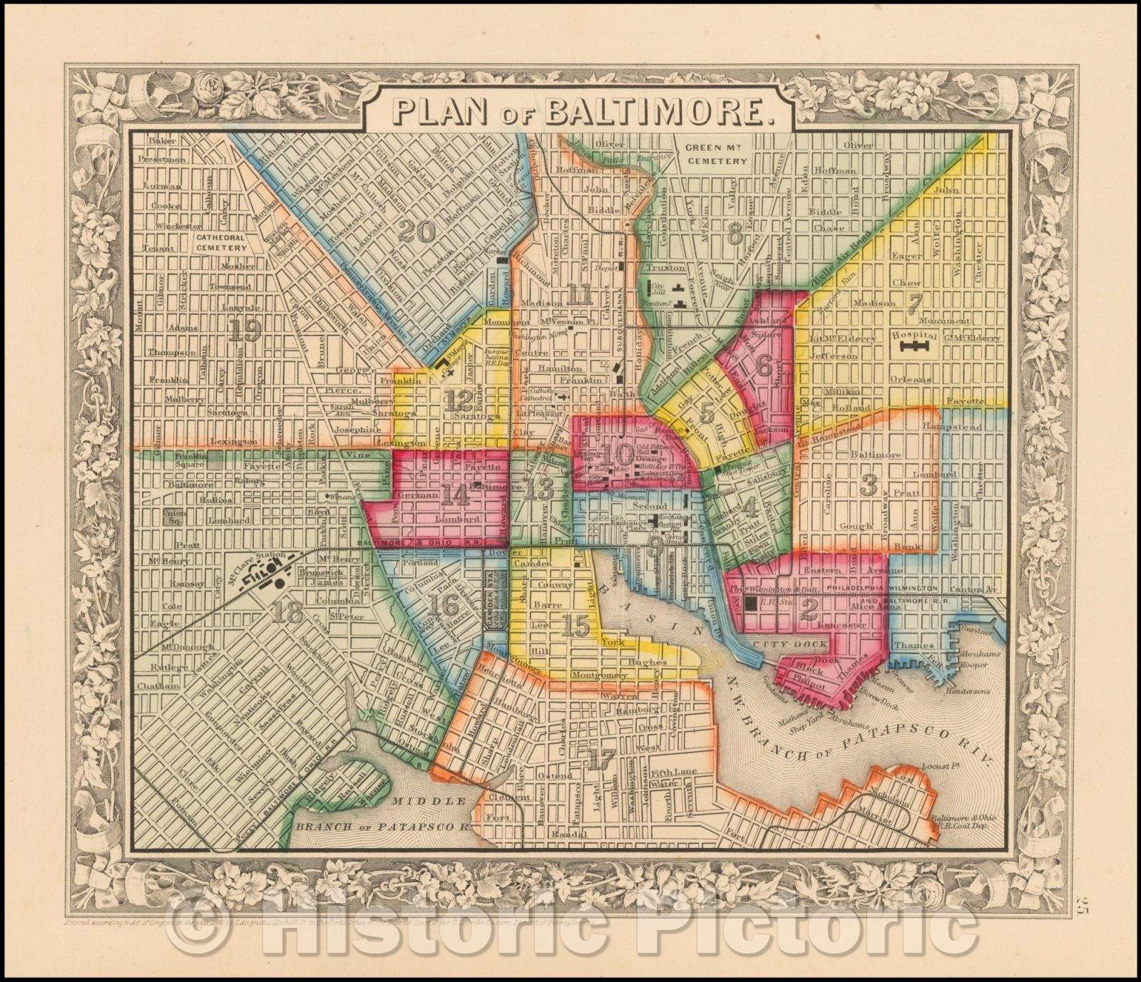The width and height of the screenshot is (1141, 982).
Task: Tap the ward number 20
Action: point(417,230)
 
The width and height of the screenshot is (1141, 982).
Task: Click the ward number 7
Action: point(912,303)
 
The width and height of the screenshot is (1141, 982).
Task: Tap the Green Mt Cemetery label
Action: point(717,155)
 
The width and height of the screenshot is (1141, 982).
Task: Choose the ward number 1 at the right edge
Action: point(965,517)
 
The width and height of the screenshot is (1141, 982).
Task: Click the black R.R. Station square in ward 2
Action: point(750,604)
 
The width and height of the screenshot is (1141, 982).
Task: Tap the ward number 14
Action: point(454,494)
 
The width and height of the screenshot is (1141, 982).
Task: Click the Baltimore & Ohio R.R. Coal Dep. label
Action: point(959,822)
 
